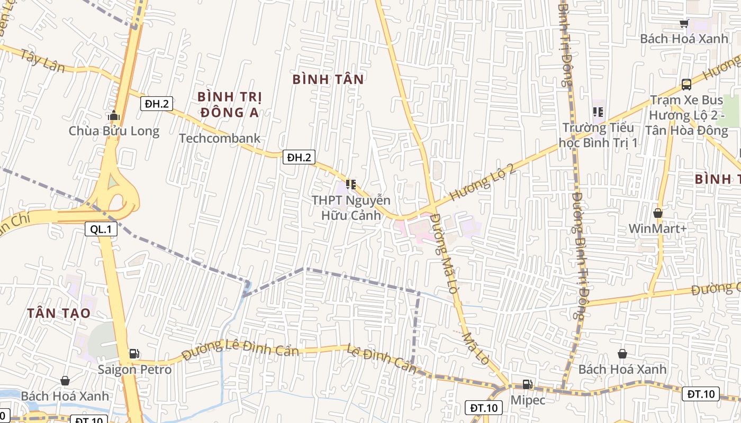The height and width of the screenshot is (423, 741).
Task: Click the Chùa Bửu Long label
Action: coord(114,131)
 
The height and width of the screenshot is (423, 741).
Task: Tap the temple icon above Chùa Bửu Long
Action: coord(113,115)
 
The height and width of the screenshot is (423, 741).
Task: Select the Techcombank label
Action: coord(220,139)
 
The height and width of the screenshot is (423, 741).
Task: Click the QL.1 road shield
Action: coord(101,229)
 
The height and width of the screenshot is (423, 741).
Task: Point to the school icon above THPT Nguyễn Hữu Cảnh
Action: coord(350,185)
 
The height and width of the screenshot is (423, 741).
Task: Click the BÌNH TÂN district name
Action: coord(328,79)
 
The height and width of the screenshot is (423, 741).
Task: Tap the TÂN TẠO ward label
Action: coord(59,313)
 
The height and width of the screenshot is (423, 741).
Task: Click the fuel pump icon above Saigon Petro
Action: coord(134,354)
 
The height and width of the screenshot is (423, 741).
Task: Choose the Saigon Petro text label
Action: coord(134,369)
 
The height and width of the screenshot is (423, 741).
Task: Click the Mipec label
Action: coord(528,400)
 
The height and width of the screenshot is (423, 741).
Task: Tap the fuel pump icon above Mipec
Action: coord(527,384)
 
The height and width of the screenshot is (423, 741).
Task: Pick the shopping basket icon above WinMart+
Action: coord(658,213)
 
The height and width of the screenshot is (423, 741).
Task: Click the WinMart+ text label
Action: coord(658,228)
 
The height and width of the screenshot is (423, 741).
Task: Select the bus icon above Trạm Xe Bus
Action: coord(686,84)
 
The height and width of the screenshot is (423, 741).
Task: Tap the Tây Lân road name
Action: coord(42,61)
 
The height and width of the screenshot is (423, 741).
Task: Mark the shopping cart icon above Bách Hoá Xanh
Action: coord(684,23)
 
